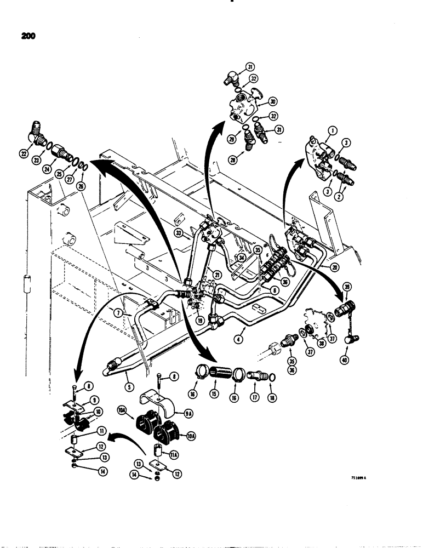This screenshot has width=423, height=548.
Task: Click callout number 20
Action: [327, 267]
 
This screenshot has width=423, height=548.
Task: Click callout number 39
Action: [347, 288]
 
